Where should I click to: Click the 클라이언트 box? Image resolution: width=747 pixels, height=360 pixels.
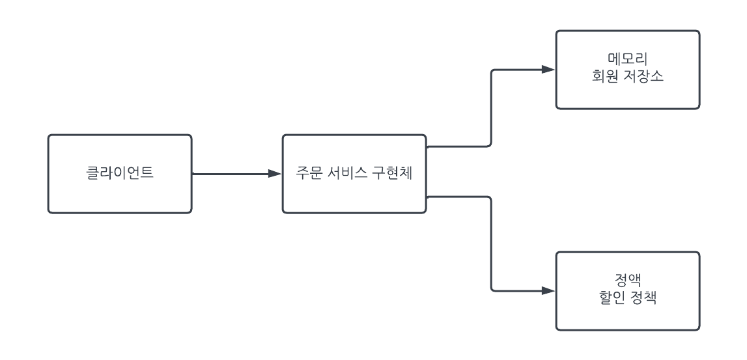[x=120, y=195]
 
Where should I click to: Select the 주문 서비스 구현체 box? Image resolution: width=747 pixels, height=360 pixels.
[x=354, y=195]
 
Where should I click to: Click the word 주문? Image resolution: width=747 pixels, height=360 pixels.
[x=306, y=174]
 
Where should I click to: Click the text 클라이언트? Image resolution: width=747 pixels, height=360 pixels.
[x=120, y=174]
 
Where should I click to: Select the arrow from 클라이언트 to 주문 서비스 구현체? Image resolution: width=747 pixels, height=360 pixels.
[x=234, y=174]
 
